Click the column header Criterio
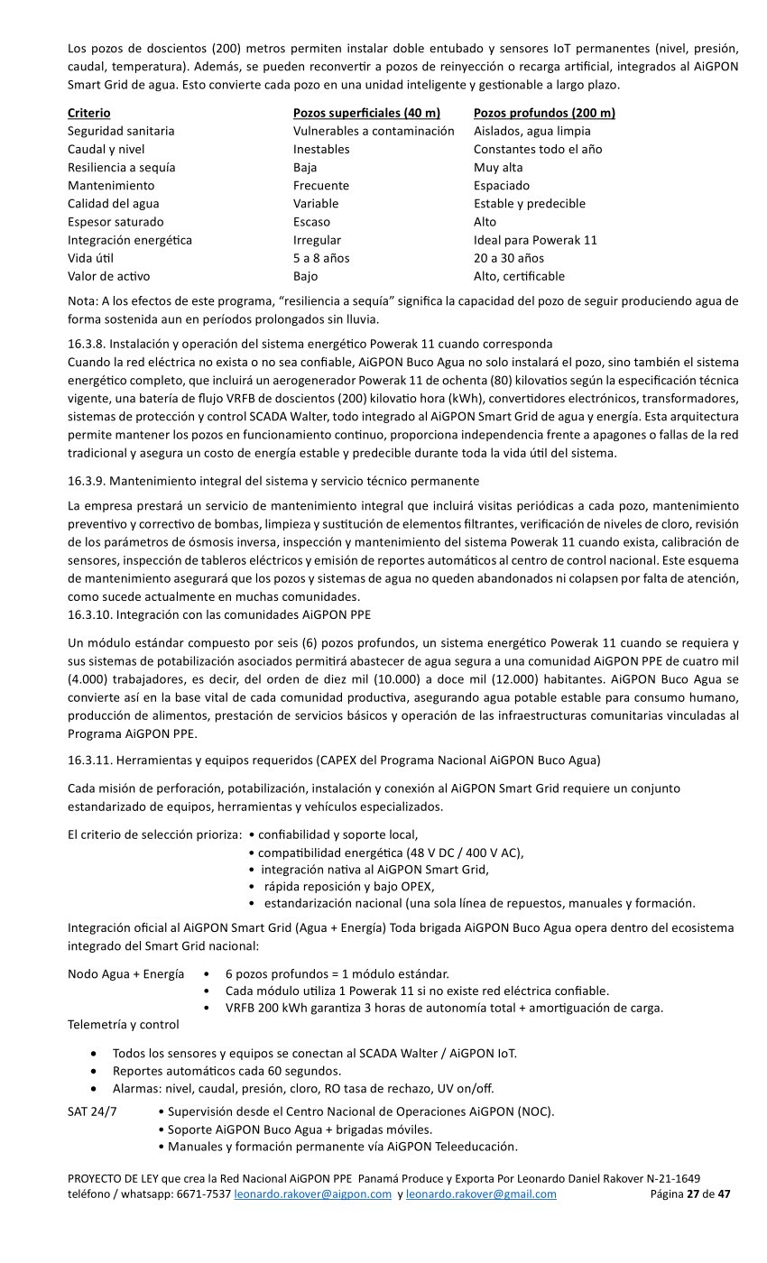(89, 113)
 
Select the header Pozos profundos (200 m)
(544, 113)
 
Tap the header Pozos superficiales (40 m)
(366, 113)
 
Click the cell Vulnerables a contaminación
(374, 131)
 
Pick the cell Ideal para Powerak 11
(535, 240)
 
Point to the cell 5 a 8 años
(321, 258)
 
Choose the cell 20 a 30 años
(509, 258)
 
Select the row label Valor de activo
(108, 276)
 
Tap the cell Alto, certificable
(519, 276)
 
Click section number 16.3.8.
(88, 344)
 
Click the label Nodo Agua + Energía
(126, 974)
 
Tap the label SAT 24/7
(92, 1111)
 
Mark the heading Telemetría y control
(124, 1024)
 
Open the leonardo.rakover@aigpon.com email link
(312, 1194)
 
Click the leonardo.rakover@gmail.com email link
(481, 1194)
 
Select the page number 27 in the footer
(693, 1194)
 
